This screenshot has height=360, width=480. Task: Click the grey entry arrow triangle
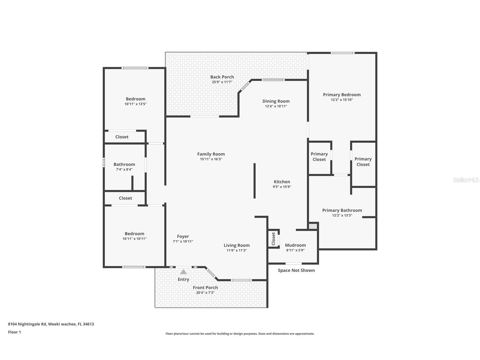(183, 272)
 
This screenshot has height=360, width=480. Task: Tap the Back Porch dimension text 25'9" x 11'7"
(222, 82)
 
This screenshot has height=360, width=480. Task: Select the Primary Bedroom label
(342, 95)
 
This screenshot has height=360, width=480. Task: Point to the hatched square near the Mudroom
(313, 226)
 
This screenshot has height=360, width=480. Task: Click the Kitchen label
(282, 182)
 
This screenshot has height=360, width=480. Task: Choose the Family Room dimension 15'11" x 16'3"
(211, 159)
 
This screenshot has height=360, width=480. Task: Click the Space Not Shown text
(296, 270)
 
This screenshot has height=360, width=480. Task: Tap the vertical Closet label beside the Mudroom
(273, 239)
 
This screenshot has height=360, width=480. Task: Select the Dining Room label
(276, 101)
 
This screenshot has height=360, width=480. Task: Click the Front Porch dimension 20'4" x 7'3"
(205, 293)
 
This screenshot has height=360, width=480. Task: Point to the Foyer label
(183, 236)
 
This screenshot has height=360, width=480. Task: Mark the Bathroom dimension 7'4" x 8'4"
(124, 170)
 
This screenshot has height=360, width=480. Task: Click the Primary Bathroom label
(342, 210)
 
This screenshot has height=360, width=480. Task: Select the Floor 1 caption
(14, 332)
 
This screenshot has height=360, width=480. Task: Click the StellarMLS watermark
(466, 180)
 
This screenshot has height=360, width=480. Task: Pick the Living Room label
(236, 245)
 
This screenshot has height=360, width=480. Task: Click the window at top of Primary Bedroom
(342, 53)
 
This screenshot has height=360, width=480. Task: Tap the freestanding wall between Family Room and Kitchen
(255, 181)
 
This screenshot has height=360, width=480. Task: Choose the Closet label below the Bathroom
(125, 198)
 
